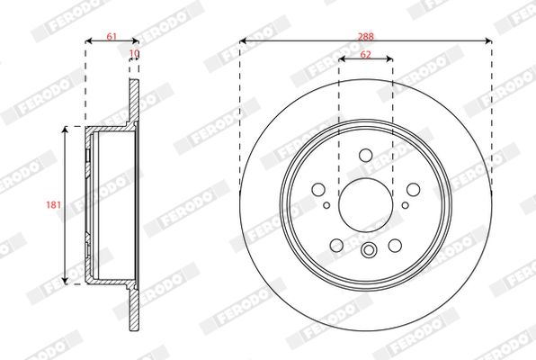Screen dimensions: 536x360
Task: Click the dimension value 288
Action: point(366,36)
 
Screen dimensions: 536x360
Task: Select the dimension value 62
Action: point(365,54)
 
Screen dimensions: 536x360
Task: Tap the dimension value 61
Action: point(112,36)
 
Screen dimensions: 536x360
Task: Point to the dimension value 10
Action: point(135,53)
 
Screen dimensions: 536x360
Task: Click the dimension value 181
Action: point(54,204)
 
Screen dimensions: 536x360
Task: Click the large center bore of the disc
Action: point(365,205)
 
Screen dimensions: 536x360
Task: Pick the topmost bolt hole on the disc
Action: point(366,155)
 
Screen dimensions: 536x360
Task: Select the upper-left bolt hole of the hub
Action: point(318,189)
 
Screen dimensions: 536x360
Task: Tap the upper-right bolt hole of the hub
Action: point(413,189)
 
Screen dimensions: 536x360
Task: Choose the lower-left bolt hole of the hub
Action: point(336,245)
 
